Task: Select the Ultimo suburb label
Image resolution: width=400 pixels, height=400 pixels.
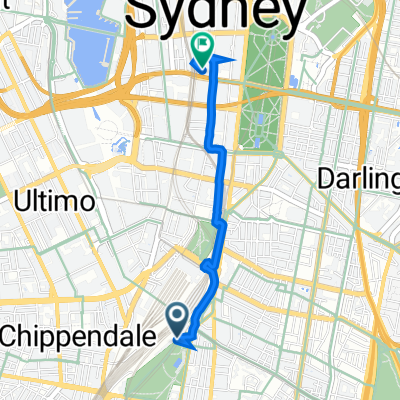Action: pos(55,201)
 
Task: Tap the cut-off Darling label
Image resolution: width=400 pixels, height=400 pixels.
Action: pos(357,178)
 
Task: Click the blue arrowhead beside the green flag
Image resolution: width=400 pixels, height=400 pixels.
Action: pos(222,60)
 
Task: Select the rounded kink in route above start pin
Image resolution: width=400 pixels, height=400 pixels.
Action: pos(207,266)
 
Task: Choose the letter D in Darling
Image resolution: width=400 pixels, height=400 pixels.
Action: pos(326,178)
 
